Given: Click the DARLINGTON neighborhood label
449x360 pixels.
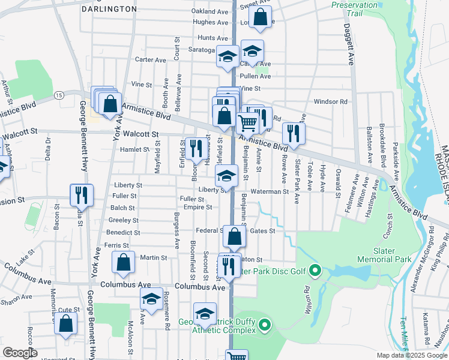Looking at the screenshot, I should click(109, 9).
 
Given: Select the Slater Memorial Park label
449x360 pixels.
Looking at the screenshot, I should click(384, 255).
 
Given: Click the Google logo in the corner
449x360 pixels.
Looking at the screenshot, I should click(20, 353).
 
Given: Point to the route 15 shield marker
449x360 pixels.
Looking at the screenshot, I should click(58, 95).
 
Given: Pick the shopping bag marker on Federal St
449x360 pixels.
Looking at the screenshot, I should click(234, 236).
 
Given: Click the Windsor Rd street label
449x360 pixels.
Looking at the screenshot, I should click(331, 102).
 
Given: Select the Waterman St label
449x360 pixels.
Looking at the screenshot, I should click(270, 191).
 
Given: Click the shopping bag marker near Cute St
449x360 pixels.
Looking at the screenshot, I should click(65, 323).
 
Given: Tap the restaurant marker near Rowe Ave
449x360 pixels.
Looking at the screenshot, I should click(294, 133).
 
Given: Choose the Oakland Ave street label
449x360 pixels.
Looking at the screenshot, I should click(209, 11).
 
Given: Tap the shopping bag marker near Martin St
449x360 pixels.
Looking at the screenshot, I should click(123, 262).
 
